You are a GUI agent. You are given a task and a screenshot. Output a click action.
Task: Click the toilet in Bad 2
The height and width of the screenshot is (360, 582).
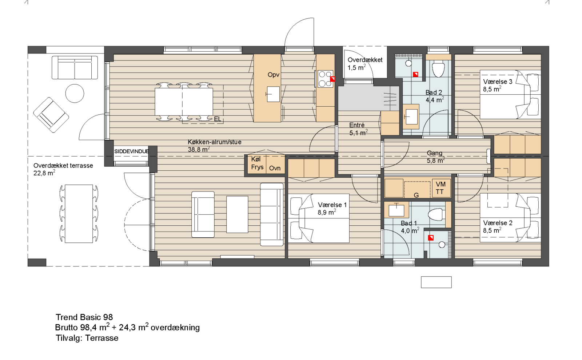pyautogui.click(x=438, y=69)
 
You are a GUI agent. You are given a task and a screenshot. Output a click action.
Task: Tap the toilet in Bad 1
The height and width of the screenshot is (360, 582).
pyautogui.click(x=436, y=214)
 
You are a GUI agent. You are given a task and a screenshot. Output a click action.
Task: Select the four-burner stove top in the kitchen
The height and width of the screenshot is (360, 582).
pyautogui.click(x=325, y=79)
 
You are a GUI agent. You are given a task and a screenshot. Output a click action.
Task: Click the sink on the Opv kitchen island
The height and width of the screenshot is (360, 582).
pyautogui.click(x=273, y=94)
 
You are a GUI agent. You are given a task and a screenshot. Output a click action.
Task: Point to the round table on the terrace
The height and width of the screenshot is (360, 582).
pyautogui.click(x=75, y=93)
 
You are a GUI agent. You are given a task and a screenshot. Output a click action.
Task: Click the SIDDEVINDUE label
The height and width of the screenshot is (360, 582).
pyautogui.click(x=131, y=151)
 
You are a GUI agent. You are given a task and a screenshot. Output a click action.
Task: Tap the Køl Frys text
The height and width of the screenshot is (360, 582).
pyautogui.click(x=257, y=163)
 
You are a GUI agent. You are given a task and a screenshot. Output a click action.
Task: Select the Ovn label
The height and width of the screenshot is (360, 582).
pyautogui.click(x=275, y=168)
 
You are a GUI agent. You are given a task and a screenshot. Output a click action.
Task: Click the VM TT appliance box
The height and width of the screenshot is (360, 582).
pyautogui.click(x=441, y=188)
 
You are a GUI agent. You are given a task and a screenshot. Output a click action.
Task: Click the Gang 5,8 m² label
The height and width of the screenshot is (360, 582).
pyautogui.click(x=435, y=157)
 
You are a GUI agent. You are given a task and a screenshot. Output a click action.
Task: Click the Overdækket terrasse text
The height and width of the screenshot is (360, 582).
pyautogui.click(x=63, y=166)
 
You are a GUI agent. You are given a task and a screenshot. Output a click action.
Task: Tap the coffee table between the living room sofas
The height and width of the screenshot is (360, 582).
pyautogui.click(x=237, y=214)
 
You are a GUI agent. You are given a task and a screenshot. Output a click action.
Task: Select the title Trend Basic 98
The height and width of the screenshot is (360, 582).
pyautogui.click(x=84, y=317)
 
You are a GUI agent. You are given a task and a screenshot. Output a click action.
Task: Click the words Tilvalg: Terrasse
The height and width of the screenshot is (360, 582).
pyautogui.click(x=87, y=338)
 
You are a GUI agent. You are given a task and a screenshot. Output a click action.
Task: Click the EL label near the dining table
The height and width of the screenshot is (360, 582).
pyautogui.click(x=217, y=119)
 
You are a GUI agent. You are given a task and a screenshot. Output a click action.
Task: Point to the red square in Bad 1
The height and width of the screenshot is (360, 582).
pyautogui.click(x=431, y=238)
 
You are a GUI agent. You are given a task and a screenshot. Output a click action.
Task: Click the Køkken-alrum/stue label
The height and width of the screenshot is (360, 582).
pyautogui.click(x=214, y=142)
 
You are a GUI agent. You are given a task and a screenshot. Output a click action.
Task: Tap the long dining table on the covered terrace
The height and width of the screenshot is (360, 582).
pyautogui.click(x=79, y=214)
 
